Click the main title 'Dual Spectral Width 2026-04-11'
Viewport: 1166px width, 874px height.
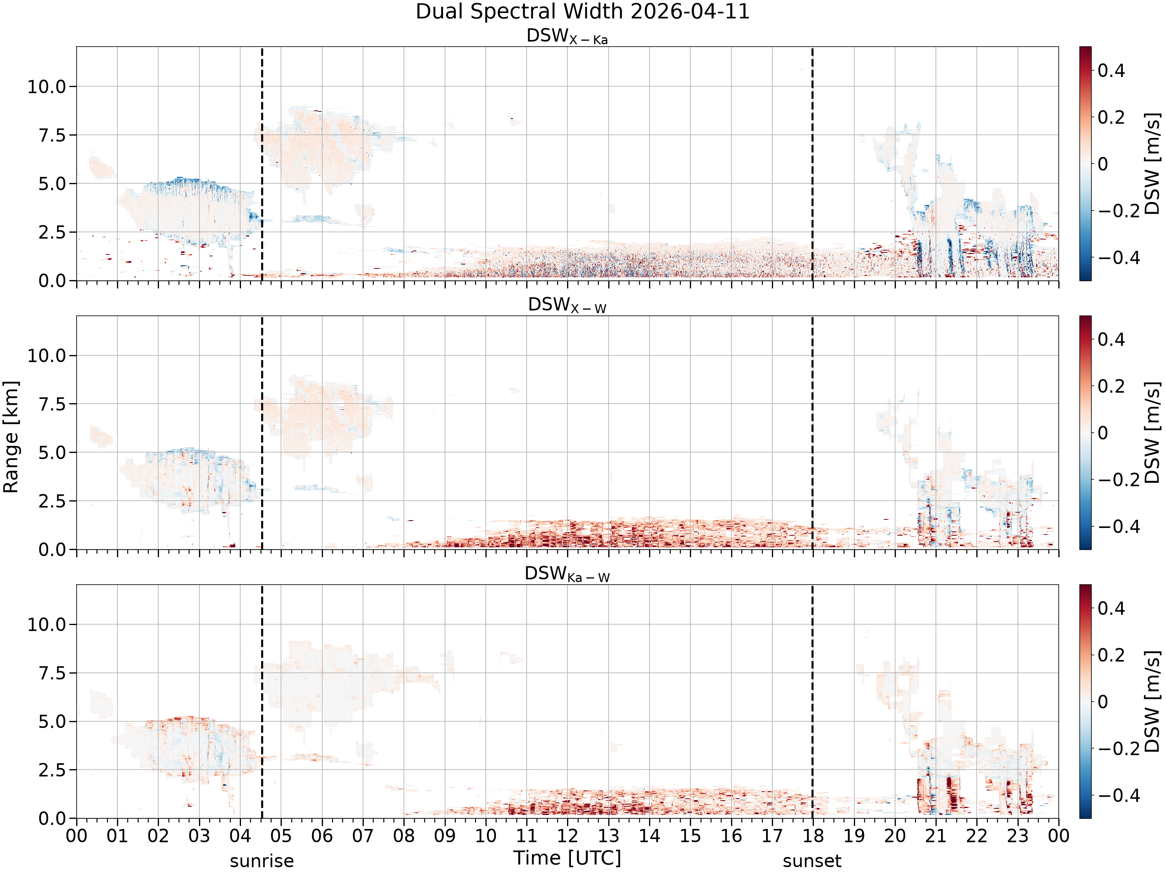click(583, 12)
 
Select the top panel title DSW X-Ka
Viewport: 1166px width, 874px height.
click(567, 37)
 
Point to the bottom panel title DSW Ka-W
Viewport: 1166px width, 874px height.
click(567, 574)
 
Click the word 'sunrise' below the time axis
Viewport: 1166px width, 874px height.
click(262, 861)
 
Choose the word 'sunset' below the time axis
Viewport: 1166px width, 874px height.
click(812, 861)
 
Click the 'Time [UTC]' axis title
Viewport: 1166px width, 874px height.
click(567, 858)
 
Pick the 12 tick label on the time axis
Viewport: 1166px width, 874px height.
click(568, 836)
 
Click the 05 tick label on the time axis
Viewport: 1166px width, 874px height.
click(281, 836)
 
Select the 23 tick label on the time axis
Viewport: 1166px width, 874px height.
click(1018, 836)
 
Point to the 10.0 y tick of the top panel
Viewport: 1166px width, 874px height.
click(47, 86)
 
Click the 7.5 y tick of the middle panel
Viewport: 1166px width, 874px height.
click(53, 404)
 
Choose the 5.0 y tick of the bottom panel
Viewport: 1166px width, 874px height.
click(53, 722)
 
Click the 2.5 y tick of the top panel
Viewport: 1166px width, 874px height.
click(53, 232)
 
